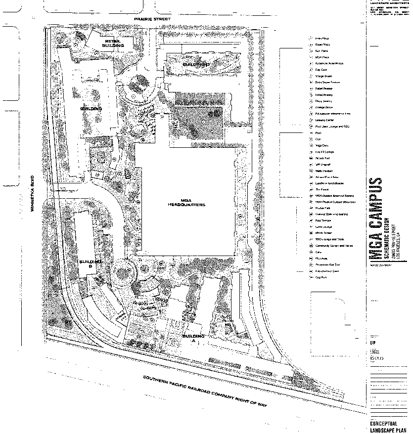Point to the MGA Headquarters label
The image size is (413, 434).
click(186, 202)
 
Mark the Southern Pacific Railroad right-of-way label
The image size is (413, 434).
click(205, 392)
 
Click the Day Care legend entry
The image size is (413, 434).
click(321, 70)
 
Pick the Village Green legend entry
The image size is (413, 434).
click(324, 76)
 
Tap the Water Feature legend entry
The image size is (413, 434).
click(324, 171)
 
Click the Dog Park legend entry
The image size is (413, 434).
click(322, 277)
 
